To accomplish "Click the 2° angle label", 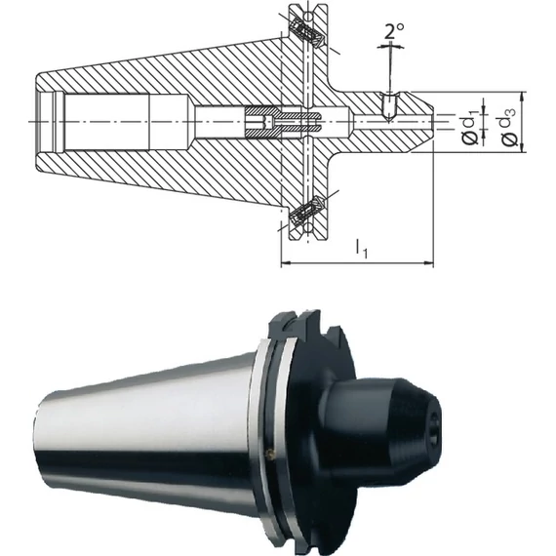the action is (x=394, y=31).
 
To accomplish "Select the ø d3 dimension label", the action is (x=508, y=127).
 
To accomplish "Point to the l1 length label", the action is (x=362, y=248).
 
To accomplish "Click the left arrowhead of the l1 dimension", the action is (x=286, y=263).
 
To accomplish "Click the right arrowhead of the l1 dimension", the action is (x=428, y=263).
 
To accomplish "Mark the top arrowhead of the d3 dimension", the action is (x=522, y=97).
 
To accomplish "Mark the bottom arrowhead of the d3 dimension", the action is (x=522, y=147).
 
